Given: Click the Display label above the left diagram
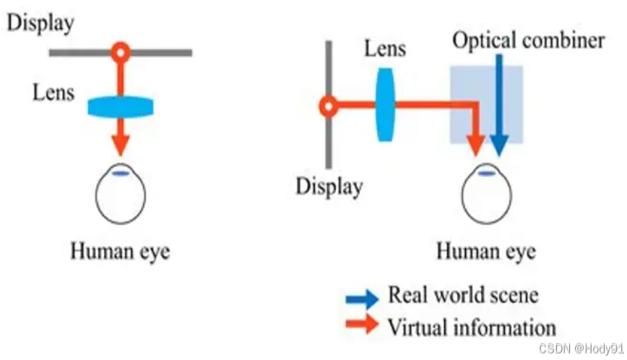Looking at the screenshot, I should tap(40, 22).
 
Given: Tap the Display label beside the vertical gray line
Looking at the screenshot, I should tap(329, 187).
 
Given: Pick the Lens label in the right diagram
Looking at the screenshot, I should tap(385, 49).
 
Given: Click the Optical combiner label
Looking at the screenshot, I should tap(528, 40).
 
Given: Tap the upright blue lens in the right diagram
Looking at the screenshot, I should tap(385, 106).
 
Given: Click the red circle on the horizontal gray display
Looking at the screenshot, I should tap(121, 52).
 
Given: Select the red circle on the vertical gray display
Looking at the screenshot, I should tap(328, 108).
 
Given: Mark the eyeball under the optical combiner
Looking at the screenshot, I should tap(486, 195).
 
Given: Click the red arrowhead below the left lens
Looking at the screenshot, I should tap(121, 143).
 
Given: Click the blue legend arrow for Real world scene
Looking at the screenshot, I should tap(362, 297).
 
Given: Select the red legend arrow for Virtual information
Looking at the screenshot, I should tap(362, 325).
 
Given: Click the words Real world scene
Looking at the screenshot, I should tap(463, 295).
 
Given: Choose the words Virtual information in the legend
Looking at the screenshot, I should tap(472, 326).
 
